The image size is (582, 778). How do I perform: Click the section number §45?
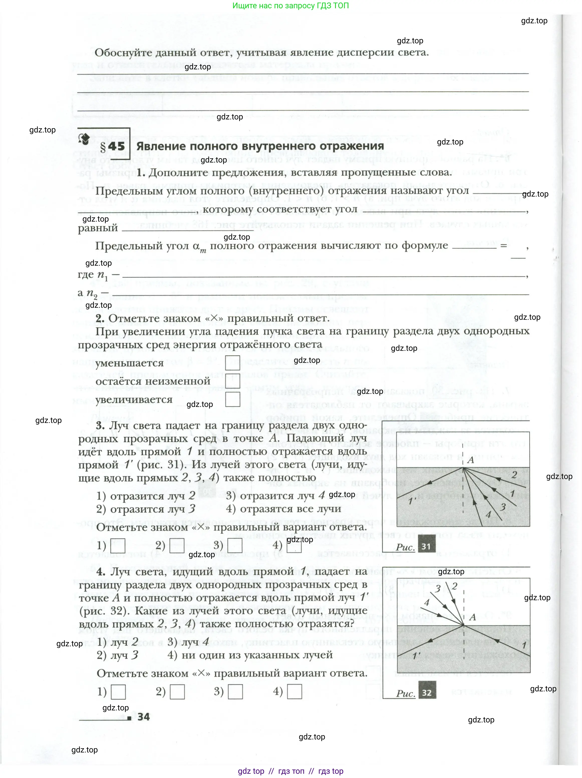[x=112, y=146]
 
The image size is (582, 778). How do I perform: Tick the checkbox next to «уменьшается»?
[x=232, y=363]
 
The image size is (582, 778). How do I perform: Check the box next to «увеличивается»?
[x=232, y=400]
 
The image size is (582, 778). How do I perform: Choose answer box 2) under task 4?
[x=177, y=692]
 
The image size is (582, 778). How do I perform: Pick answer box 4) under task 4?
[x=295, y=692]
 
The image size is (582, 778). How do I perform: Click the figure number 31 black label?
[x=426, y=546]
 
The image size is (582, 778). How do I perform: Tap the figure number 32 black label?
[x=427, y=692]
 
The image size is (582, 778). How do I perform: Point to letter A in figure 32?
[x=473, y=617]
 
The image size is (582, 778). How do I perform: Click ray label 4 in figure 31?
[x=488, y=515]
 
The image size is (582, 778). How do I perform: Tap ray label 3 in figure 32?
[x=438, y=588]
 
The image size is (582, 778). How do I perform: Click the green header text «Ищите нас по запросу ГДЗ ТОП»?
[x=290, y=6]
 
